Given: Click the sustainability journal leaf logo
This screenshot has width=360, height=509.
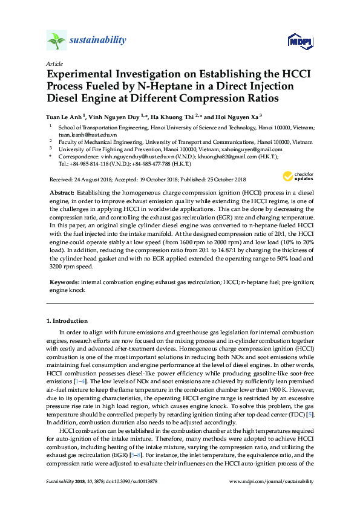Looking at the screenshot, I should tap(56, 41).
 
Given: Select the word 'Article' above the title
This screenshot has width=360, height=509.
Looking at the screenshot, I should tap(54, 63).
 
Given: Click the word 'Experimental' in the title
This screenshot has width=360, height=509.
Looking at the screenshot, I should tap(87, 75).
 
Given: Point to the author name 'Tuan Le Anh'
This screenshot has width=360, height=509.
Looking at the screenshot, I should tap(65, 117).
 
